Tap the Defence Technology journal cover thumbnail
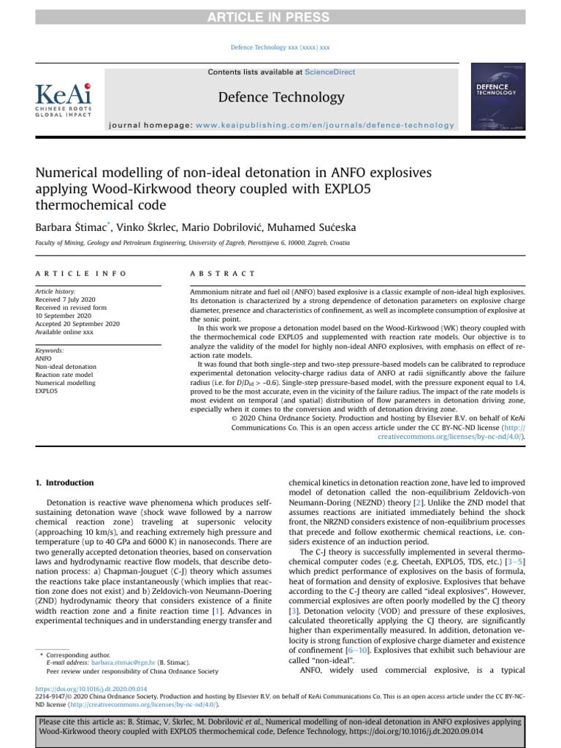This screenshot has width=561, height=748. pyautogui.click(x=498, y=96)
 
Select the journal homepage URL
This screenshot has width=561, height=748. pyautogui.click(x=324, y=126)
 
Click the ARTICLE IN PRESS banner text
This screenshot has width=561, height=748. pyautogui.click(x=280, y=17)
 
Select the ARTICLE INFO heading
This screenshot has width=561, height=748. pyautogui.click(x=80, y=273)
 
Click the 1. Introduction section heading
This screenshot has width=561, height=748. pyautogui.click(x=65, y=483)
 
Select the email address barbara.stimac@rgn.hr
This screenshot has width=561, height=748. pyautogui.click(x=121, y=662)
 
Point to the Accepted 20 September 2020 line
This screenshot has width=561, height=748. pyautogui.click(x=77, y=323)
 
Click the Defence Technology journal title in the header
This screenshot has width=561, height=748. pyautogui.click(x=280, y=97)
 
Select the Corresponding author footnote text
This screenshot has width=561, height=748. pyautogui.click(x=77, y=654)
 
